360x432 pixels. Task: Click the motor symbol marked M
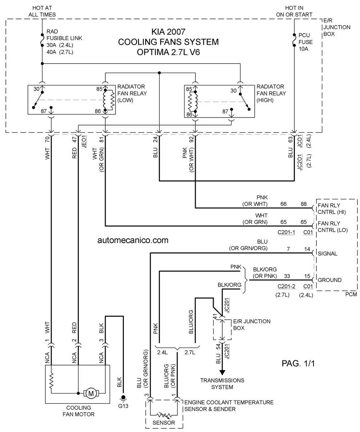(x=90, y=393)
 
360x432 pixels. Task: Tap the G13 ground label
(x=123, y=406)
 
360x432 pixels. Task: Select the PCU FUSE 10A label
(x=306, y=42)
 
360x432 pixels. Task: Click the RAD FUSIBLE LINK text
(x=64, y=35)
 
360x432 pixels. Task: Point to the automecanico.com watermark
(x=133, y=240)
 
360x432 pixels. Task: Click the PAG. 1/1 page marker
(x=298, y=363)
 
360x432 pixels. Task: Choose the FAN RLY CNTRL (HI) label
(x=332, y=209)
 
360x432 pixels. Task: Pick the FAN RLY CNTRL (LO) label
(x=332, y=227)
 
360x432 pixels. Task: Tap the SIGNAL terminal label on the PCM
(x=328, y=253)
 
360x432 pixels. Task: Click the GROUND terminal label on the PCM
(x=330, y=280)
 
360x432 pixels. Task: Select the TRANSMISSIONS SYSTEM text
(x=222, y=384)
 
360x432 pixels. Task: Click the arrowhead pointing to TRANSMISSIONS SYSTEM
(x=222, y=372)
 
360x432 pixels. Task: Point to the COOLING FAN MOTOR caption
(x=78, y=411)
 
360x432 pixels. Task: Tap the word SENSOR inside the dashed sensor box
(x=163, y=423)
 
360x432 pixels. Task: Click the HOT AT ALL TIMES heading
(x=42, y=11)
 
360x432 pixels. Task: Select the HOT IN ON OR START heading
(x=294, y=11)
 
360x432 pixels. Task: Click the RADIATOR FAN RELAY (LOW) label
(x=132, y=93)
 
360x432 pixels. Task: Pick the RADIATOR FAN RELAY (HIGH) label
(x=271, y=93)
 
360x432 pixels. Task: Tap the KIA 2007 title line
(x=168, y=32)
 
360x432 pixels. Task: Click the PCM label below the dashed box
(x=351, y=294)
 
